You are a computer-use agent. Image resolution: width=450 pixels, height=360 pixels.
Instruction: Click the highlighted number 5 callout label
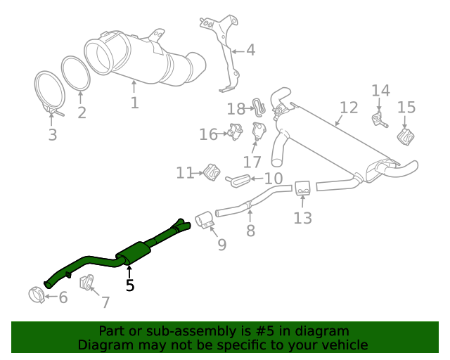click(129, 285)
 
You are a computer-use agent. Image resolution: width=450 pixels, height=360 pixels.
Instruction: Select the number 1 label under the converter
click(134, 103)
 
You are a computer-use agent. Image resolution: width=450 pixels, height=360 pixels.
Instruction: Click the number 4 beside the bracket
click(250, 50)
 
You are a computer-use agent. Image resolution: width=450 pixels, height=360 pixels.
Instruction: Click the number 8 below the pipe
click(251, 231)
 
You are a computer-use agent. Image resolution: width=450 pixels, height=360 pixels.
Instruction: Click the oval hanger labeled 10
click(238, 181)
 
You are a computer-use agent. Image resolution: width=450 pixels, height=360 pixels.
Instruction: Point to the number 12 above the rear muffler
click(349, 108)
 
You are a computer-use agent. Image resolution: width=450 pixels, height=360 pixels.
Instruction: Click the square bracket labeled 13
click(303, 188)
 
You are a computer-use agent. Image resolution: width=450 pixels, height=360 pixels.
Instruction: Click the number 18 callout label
click(236, 108)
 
